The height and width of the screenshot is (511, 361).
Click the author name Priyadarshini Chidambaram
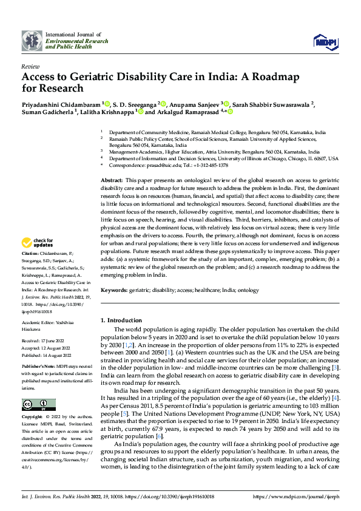pos(61,104)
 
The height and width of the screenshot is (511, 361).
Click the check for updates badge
pos(39,243)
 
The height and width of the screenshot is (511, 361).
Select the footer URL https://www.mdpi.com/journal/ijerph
pos(295,496)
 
